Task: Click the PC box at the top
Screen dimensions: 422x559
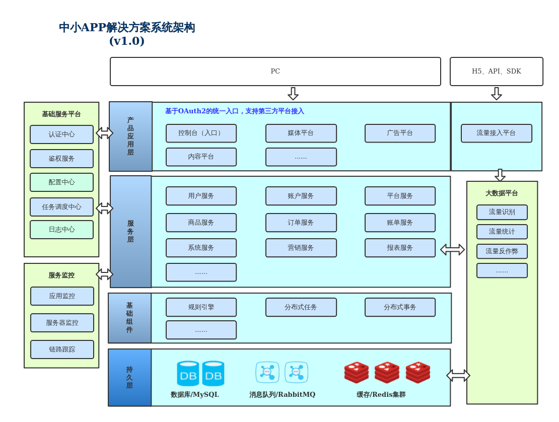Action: point(275,72)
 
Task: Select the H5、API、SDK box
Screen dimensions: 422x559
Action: point(496,72)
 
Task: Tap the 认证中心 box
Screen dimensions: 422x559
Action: point(61,134)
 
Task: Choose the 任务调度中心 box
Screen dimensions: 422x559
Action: point(61,207)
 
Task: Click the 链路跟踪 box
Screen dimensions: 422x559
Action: point(62,349)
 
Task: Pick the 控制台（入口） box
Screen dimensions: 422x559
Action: point(201,133)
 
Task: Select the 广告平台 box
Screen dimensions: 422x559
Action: point(400,133)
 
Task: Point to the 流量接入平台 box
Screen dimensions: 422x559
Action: point(496,133)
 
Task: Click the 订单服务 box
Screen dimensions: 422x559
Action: point(301,223)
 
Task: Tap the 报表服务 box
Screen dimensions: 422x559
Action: point(400,248)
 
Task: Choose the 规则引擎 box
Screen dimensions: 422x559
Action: point(201,307)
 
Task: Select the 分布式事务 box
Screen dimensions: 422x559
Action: point(400,307)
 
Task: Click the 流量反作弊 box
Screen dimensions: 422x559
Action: point(502,251)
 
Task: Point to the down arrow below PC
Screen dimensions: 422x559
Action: point(293,94)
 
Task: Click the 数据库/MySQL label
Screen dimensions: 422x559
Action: point(195,395)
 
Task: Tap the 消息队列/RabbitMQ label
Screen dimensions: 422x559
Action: point(282,395)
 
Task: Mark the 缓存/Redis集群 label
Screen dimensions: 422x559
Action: point(381,395)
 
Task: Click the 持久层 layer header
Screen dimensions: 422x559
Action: point(129,378)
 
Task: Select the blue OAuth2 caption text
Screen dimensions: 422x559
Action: point(234,111)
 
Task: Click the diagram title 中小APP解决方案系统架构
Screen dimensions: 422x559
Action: point(127,28)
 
